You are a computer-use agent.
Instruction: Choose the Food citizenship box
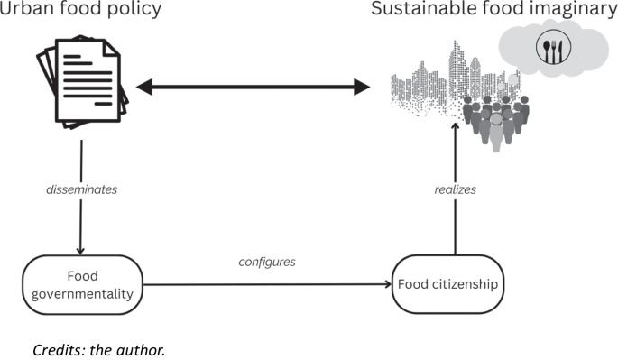pyautogui.click(x=447, y=284)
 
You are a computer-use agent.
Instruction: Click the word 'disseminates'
pyautogui.click(x=81, y=191)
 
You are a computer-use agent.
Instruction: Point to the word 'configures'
pyautogui.click(x=267, y=262)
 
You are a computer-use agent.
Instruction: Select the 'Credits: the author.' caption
pyautogui.click(x=98, y=348)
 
